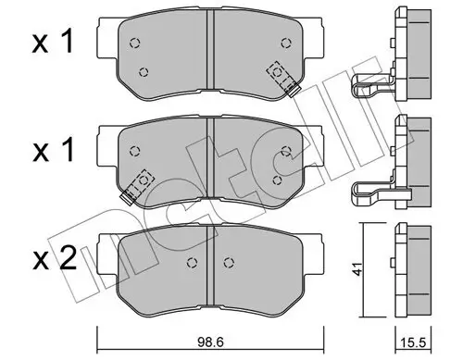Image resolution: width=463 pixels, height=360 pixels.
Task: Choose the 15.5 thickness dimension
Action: (x=409, y=341)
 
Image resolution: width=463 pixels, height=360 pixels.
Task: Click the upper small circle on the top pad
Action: (x=135, y=41)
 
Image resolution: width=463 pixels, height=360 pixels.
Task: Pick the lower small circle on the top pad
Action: (x=144, y=72)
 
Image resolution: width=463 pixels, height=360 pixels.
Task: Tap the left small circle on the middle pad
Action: (x=136, y=152)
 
